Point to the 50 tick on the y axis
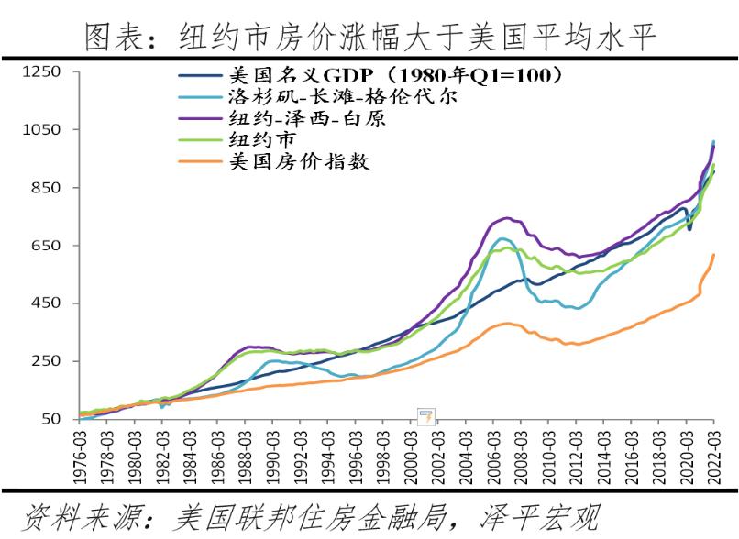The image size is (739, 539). [x=47, y=419]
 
